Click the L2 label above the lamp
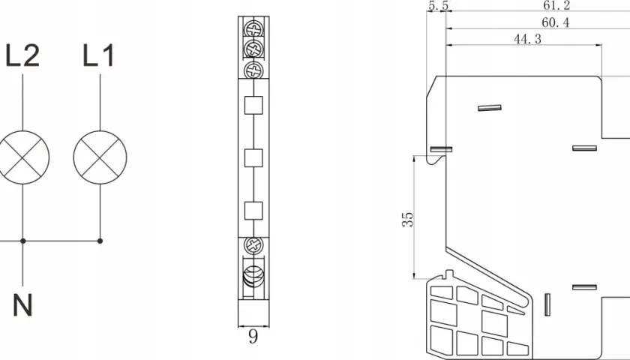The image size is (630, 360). [23, 55]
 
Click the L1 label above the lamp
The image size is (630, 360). [99, 55]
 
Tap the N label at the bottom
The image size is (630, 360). [22, 305]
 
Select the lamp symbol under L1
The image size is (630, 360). [100, 157]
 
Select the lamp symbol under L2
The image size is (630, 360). [23, 157]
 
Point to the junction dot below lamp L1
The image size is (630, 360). [100, 241]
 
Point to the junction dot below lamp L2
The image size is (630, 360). [23, 241]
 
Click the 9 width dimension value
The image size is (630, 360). [253, 337]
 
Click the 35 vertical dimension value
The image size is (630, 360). [407, 219]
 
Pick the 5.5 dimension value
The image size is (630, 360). [438, 6]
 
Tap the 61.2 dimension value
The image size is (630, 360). [556, 6]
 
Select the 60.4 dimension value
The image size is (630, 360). [556, 23]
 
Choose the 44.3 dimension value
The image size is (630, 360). [527, 39]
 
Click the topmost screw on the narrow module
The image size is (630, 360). [253, 29]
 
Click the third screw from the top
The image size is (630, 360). [253, 70]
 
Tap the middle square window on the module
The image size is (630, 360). [253, 158]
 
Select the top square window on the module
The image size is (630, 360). [253, 105]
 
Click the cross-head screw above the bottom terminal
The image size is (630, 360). [253, 245]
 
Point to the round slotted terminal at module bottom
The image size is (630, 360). [253, 276]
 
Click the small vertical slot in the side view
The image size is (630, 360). [547, 304]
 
